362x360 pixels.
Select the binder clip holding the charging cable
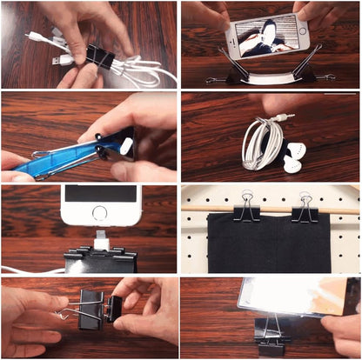coord(101,261)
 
